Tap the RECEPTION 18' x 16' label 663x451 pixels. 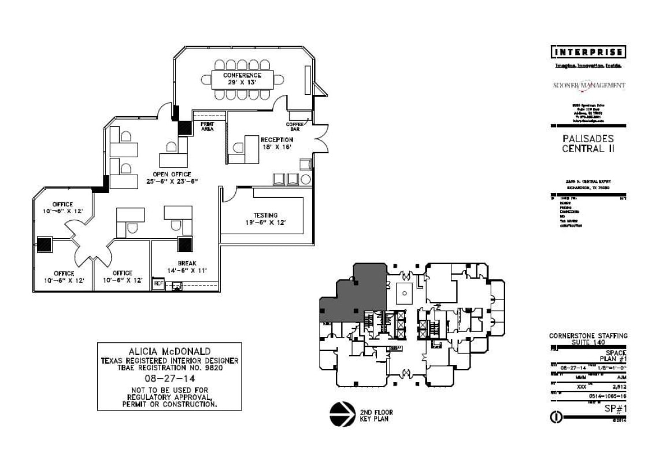pyautogui.click(x=276, y=143)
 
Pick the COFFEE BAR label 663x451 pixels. pyautogui.click(x=295, y=127)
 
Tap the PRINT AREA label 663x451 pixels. pyautogui.click(x=207, y=127)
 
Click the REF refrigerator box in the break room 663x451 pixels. pyautogui.click(x=158, y=284)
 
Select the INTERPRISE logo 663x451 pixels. pyautogui.click(x=590, y=53)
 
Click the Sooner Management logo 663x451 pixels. pyautogui.click(x=590, y=86)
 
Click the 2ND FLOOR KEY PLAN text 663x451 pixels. pyautogui.click(x=376, y=416)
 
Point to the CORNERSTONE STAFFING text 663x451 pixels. pyautogui.click(x=588, y=336)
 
